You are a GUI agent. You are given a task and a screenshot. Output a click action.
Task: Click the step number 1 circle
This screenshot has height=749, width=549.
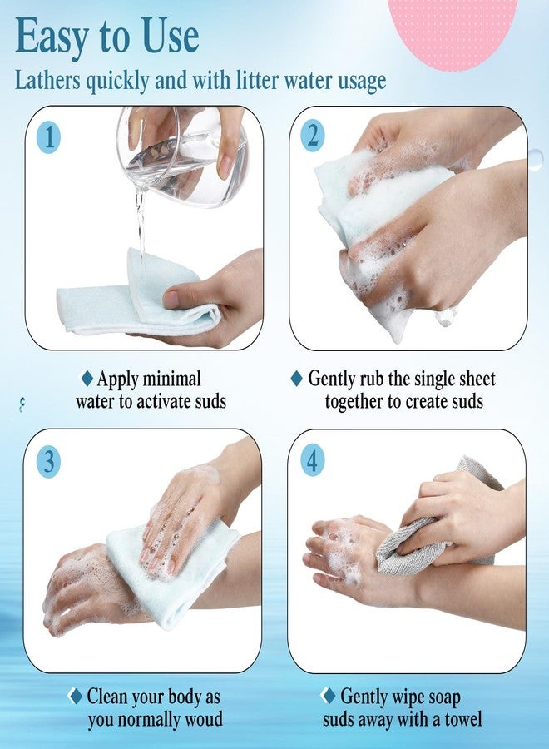pos(49,137)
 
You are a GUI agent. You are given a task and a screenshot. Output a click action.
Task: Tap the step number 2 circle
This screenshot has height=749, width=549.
pos(313,135)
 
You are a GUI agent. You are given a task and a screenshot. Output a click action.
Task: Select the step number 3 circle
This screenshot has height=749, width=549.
pos(49,461)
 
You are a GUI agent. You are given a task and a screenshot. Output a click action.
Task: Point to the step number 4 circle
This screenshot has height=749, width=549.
pos(312,460)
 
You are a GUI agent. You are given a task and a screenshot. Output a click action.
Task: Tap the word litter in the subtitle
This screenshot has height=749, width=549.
pos(258,79)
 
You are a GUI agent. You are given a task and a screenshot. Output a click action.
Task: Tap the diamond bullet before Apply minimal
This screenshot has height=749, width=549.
pos(87,379)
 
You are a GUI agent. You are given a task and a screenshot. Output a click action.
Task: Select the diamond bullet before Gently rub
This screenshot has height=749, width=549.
pos(296,379)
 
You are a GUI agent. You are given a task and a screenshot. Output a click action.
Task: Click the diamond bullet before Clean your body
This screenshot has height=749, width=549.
pos(76,696)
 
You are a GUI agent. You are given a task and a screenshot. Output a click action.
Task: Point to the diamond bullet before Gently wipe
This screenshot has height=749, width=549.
pos(329,696)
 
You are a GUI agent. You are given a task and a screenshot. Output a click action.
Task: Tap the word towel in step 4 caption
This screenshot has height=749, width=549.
pos(462,718)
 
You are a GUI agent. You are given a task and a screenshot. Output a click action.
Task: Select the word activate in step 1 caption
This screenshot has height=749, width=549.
pos(156,401)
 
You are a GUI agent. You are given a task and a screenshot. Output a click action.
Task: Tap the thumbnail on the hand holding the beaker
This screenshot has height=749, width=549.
pos(225,166)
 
